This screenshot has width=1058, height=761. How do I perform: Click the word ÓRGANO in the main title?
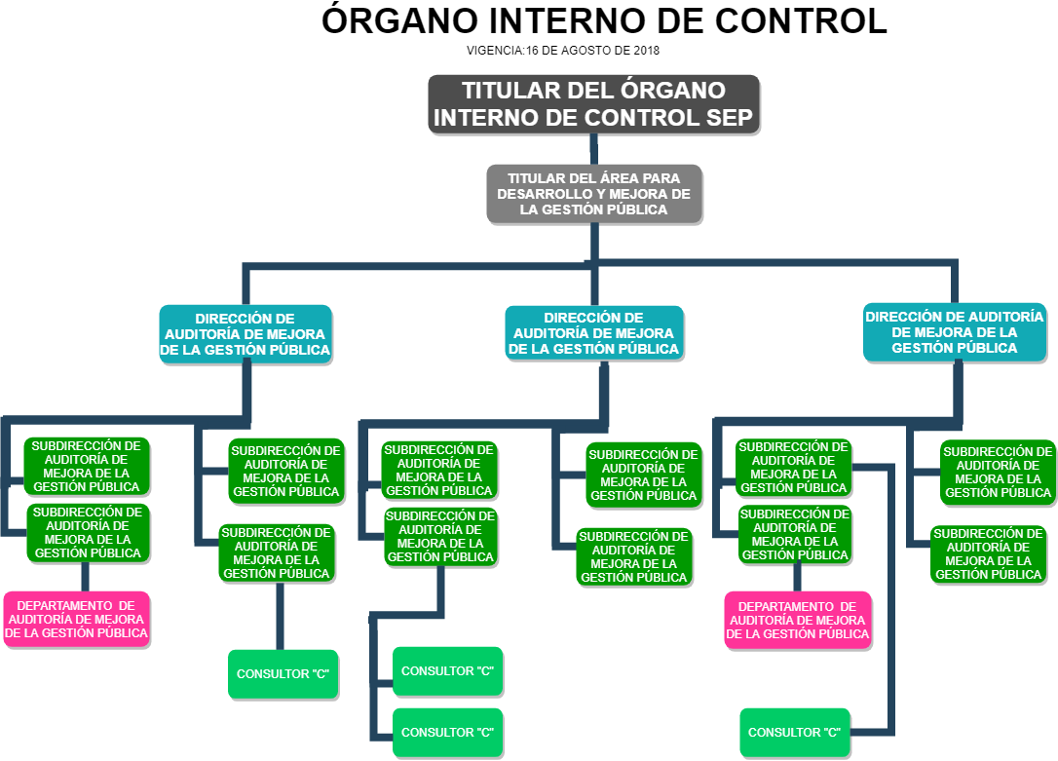[397, 21]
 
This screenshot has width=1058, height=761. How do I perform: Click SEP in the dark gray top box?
[734, 118]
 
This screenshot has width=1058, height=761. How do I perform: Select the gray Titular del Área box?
[593, 194]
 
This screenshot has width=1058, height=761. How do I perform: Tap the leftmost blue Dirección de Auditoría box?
[246, 334]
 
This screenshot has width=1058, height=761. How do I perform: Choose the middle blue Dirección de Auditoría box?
[594, 333]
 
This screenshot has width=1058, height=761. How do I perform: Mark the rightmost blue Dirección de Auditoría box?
[954, 332]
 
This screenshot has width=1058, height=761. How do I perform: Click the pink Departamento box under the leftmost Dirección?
[77, 620]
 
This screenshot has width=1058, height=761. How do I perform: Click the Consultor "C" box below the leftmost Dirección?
[283, 674]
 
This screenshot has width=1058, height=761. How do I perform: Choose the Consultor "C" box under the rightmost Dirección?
[795, 733]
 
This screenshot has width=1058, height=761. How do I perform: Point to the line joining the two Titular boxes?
[593, 148]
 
